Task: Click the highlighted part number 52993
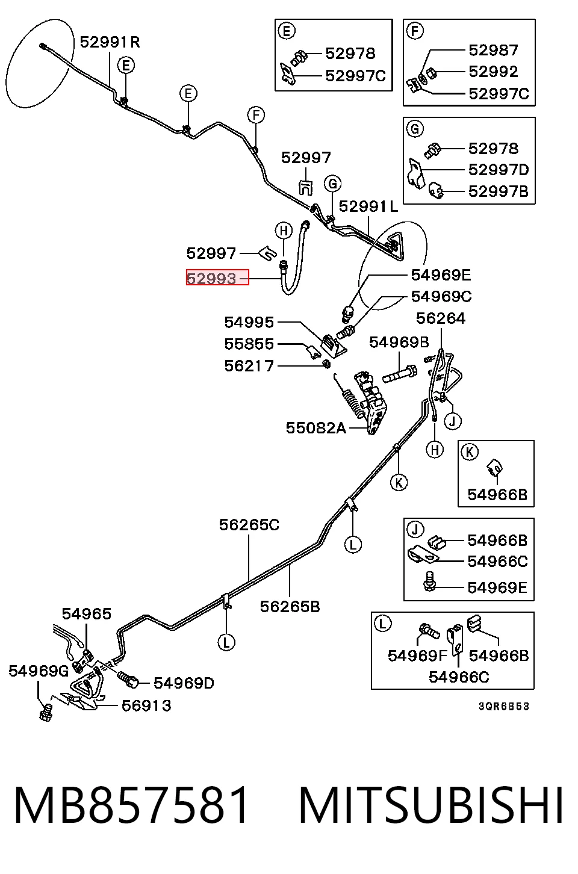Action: [x=211, y=279]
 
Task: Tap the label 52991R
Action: [x=110, y=42]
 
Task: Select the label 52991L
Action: [x=368, y=206]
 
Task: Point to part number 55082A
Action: [x=316, y=428]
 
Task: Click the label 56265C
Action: [x=249, y=525]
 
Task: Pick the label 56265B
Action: [x=290, y=607]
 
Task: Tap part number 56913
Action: [x=147, y=705]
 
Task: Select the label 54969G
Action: [x=39, y=671]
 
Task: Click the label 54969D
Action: [x=184, y=683]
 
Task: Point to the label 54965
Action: [x=87, y=614]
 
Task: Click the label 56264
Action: [x=441, y=318]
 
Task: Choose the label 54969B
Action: [x=399, y=342]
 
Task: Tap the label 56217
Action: [x=249, y=366]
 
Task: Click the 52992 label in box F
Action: [x=493, y=72]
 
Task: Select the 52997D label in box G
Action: [x=499, y=170]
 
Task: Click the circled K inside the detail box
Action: [x=470, y=452]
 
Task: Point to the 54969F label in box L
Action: [x=417, y=656]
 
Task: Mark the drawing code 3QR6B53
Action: [x=504, y=707]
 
